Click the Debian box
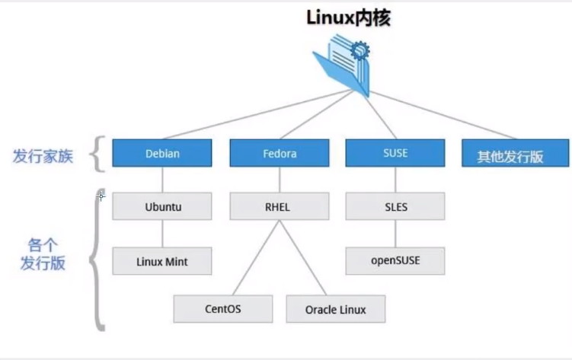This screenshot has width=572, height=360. pyautogui.click(x=162, y=153)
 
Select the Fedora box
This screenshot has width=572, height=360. pyautogui.click(x=280, y=153)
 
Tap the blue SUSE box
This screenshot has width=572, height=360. pyautogui.click(x=395, y=153)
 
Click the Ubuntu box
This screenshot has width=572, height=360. pyautogui.click(x=162, y=205)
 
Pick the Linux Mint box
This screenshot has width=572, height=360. pyautogui.click(x=162, y=261)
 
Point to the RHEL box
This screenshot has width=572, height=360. pyautogui.click(x=280, y=205)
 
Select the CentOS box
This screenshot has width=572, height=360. pyautogui.click(x=223, y=309)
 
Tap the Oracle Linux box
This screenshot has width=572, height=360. pyautogui.click(x=336, y=309)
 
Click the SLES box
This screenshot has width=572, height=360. pyautogui.click(x=395, y=205)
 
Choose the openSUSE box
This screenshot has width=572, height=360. pyautogui.click(x=395, y=261)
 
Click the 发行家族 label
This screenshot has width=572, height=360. pyautogui.click(x=43, y=157)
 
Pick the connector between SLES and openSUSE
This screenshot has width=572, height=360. pyautogui.click(x=395, y=234)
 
